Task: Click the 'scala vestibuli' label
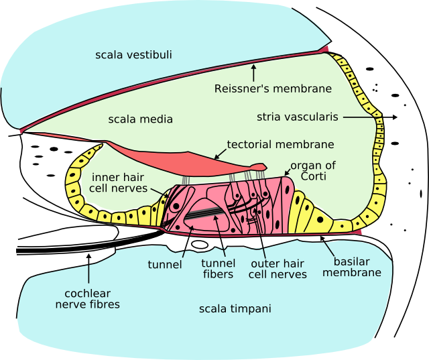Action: (x=133, y=54)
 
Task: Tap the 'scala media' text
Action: (x=140, y=119)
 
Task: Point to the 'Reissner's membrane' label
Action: (x=273, y=88)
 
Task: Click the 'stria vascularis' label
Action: (x=296, y=117)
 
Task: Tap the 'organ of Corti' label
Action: (x=313, y=170)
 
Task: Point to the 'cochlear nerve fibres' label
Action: (x=92, y=299)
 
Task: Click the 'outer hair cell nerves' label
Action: (x=278, y=269)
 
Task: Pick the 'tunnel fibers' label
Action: (x=217, y=269)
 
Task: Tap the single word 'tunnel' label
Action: (x=165, y=264)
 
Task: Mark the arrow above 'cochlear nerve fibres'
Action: (x=89, y=268)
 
